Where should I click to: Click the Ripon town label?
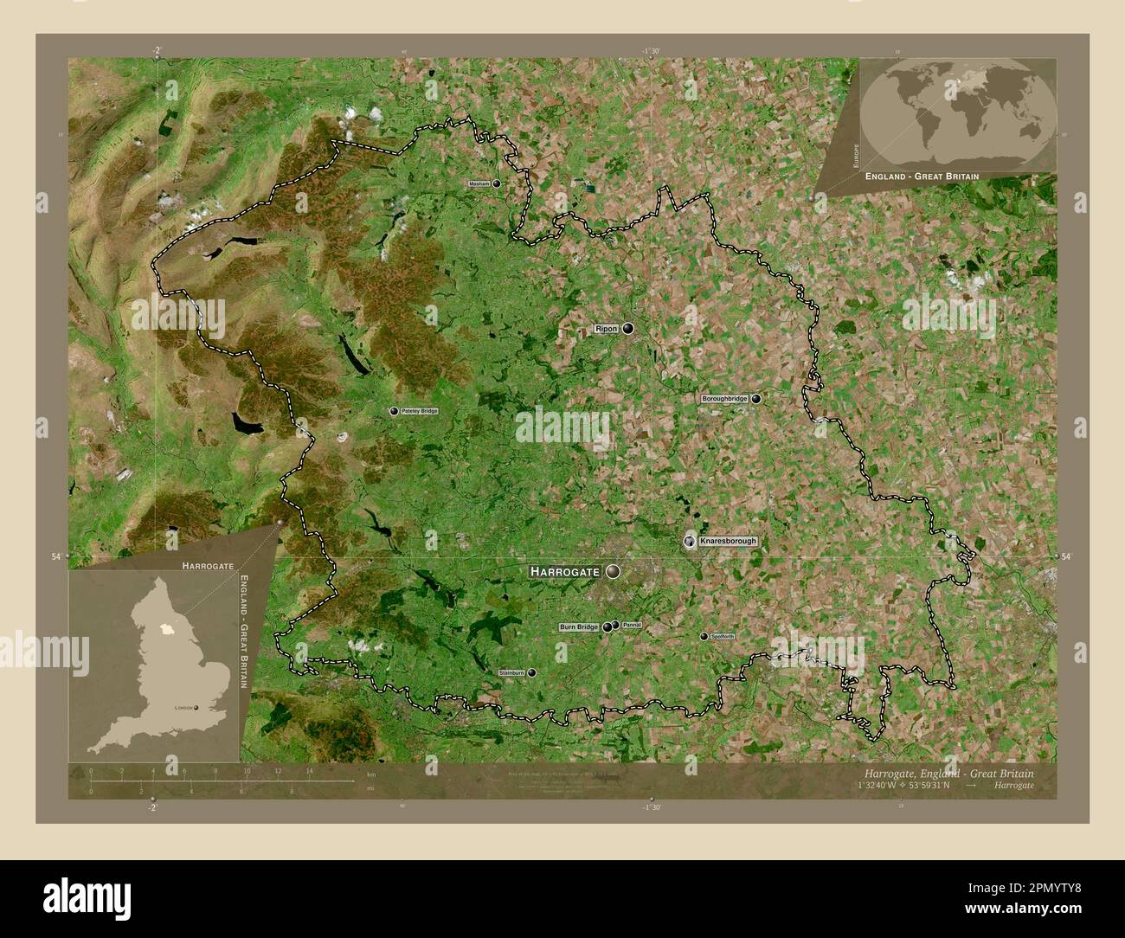[606, 330]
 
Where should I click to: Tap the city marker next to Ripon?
[627, 329]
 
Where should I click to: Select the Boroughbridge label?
[724, 399]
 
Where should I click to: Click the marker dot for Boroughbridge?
[757, 399]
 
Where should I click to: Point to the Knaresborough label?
[729, 541]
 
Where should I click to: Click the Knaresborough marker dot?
[689, 541]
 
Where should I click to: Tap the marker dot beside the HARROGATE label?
[614, 571]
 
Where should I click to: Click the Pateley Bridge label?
[419, 411]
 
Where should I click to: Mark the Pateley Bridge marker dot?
[394, 411]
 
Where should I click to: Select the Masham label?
[479, 183]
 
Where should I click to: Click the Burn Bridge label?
[579, 626]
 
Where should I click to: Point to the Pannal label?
[632, 625]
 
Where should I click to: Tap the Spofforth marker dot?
[704, 636]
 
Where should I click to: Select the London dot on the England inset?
[196, 708]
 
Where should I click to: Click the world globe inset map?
[958, 113]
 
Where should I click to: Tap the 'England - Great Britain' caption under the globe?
[922, 176]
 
